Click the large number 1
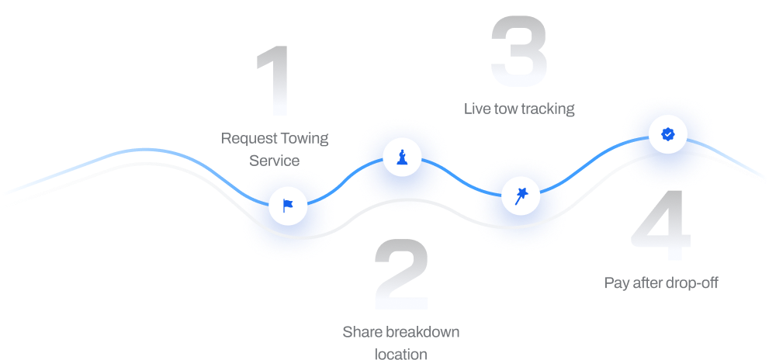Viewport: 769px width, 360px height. click(275, 81)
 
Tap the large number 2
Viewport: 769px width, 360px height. click(401, 275)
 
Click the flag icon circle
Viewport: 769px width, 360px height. click(288, 206)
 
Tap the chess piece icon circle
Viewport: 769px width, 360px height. click(402, 157)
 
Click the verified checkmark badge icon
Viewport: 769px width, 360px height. click(667, 134)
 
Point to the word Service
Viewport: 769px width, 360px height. click(274, 161)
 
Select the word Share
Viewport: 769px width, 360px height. click(362, 333)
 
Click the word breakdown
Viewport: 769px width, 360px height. click(423, 333)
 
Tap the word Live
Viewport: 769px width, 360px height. click(476, 109)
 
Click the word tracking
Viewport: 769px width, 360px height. click(548, 109)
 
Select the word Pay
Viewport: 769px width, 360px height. click(615, 283)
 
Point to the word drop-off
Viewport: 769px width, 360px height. click(692, 283)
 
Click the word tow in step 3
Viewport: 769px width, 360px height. click(504, 109)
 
